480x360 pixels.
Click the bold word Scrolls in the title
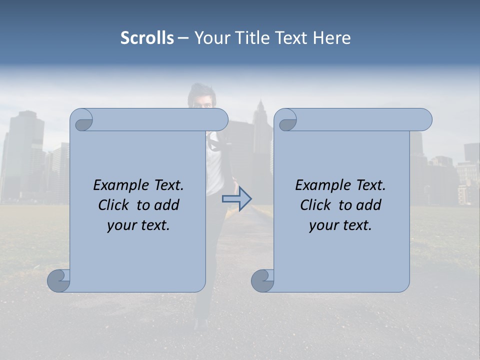[x=147, y=37]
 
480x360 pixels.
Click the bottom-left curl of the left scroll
[x=58, y=280]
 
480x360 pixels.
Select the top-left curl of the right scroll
[x=287, y=121]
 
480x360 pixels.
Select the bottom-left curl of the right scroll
[x=262, y=280]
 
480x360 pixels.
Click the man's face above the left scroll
[x=201, y=100]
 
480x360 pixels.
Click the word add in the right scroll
[x=370, y=205]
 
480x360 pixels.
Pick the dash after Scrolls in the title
[x=183, y=37]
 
